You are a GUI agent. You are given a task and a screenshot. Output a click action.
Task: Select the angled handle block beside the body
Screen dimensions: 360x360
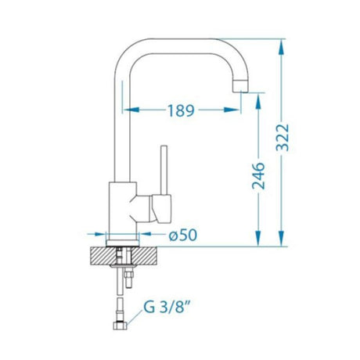coord(157,208)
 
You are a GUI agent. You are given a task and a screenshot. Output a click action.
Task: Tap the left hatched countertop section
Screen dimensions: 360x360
coord(101,254)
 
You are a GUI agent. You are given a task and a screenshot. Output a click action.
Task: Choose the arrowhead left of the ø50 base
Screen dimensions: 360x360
coord(102,234)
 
